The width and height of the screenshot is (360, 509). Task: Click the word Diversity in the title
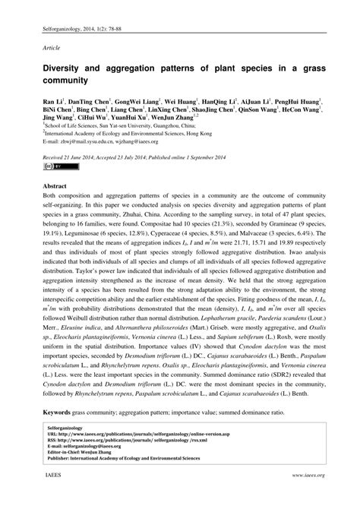(63, 68)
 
